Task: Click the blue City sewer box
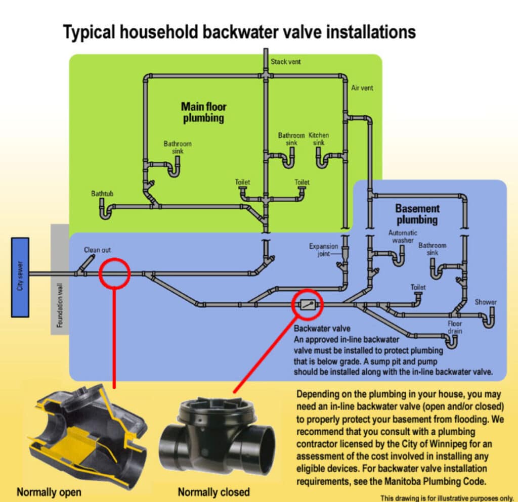tap(20, 277)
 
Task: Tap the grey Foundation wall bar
tap(60, 279)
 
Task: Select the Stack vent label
tap(286, 62)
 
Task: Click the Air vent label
tap(362, 88)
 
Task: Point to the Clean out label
tap(97, 250)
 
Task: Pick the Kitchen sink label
tap(319, 139)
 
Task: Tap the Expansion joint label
tap(324, 250)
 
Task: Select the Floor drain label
tap(455, 327)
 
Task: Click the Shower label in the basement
tap(485, 302)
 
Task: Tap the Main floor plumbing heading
tap(203, 112)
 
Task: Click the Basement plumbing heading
tap(417, 214)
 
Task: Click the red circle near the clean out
tap(115, 273)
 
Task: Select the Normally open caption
tap(49, 491)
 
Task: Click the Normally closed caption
tap(213, 491)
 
